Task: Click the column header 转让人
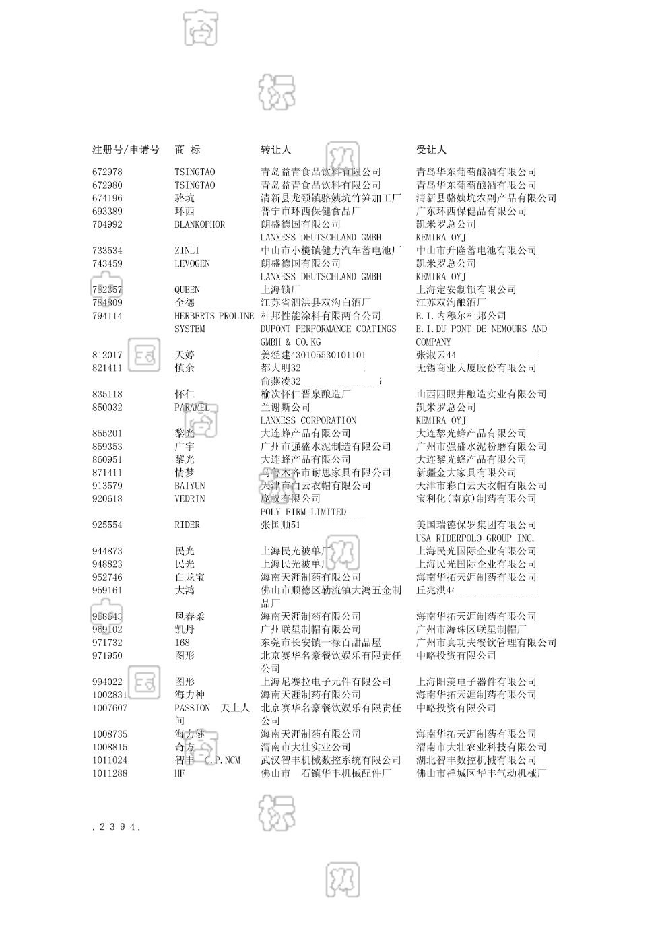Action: [x=275, y=150]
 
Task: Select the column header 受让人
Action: [x=431, y=150]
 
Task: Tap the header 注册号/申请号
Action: [x=126, y=150]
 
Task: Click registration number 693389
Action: [x=107, y=212]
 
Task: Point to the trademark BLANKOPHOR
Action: [x=199, y=224]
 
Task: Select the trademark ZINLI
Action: [x=187, y=251]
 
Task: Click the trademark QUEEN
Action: [x=187, y=290]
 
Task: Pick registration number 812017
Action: [x=107, y=355]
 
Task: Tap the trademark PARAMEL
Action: [x=192, y=408]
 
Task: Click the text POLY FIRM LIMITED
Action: [x=303, y=512]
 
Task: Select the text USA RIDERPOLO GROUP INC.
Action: [x=475, y=538]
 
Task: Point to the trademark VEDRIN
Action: [x=189, y=499]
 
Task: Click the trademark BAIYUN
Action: [x=189, y=486]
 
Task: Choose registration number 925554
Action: [x=107, y=525]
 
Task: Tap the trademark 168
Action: [x=182, y=643]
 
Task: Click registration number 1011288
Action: [x=110, y=773]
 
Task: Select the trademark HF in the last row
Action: [x=179, y=773]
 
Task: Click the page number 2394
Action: [x=117, y=827]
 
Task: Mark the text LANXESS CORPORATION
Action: [x=308, y=420]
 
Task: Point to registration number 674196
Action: [x=107, y=198]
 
